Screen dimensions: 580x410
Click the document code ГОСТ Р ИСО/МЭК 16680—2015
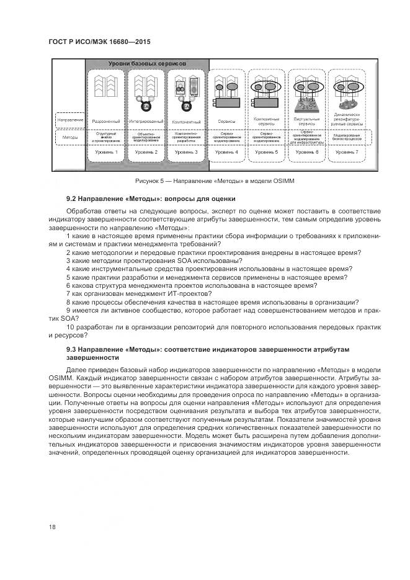[x=99, y=42]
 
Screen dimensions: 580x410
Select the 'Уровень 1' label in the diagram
[x=107, y=152]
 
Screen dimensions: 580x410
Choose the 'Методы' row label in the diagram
[x=69, y=136]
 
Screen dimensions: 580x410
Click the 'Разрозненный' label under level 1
[x=107, y=122]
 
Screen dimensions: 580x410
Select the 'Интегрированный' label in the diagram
[x=146, y=122]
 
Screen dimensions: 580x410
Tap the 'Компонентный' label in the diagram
[x=187, y=122]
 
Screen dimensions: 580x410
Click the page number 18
[x=52, y=527]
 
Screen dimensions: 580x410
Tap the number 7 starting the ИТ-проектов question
[x=68, y=293]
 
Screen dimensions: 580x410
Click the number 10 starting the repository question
[x=69, y=326]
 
